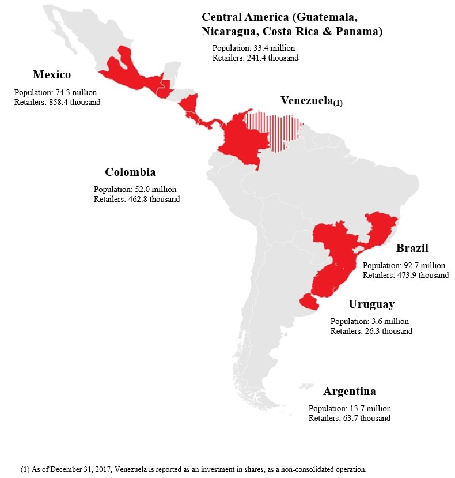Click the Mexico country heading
[51, 75]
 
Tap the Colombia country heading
[130, 172]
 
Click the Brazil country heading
[412, 249]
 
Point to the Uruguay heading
[371, 304]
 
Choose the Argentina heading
[350, 392]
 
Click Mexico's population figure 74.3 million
[55, 92]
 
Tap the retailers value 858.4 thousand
[57, 102]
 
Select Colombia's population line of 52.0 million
[135, 189]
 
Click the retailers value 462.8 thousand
[136, 199]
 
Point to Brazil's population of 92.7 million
[404, 266]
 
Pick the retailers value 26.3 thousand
[371, 332]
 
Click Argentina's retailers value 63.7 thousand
[350, 418]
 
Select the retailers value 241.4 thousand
[255, 58]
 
